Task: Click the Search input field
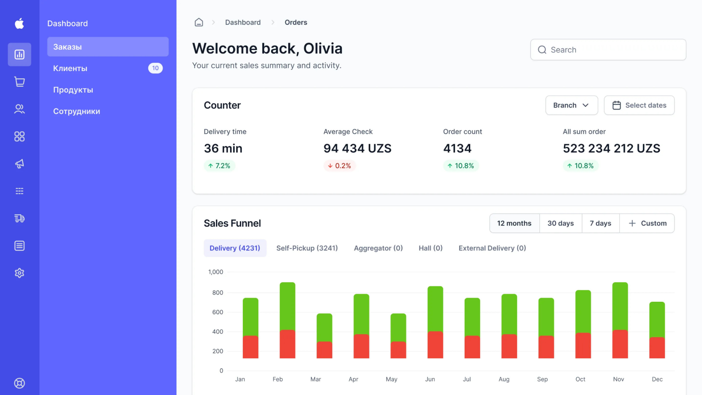tap(608, 50)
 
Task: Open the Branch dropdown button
tap(571, 105)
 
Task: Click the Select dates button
tap(639, 105)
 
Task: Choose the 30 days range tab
tap(561, 223)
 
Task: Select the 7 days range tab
tap(600, 223)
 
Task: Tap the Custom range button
tap(647, 223)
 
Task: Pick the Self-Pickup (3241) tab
tap(307, 248)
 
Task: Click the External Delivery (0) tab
tap(492, 248)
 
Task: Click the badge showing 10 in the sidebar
tap(155, 68)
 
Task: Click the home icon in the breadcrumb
tap(199, 22)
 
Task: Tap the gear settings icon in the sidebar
tap(19, 273)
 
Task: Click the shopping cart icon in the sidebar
tap(19, 82)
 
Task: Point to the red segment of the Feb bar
tap(287, 344)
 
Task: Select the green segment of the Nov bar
tap(620, 306)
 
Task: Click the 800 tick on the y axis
tap(218, 293)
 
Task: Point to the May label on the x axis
tap(391, 379)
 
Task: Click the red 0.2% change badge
tap(340, 166)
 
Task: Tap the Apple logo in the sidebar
tap(19, 23)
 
